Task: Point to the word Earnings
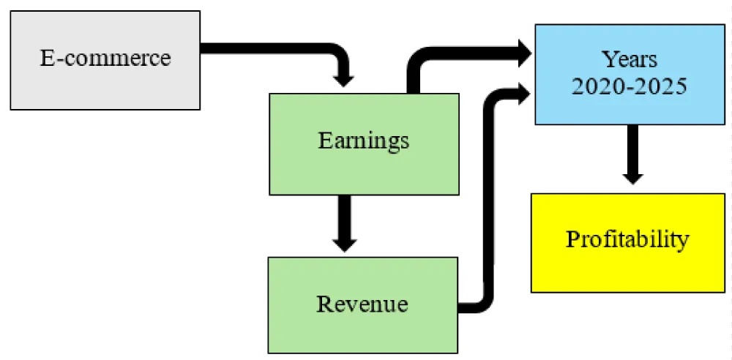click(364, 140)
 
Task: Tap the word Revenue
click(362, 303)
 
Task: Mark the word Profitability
click(627, 239)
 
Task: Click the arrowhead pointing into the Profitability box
click(631, 176)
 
